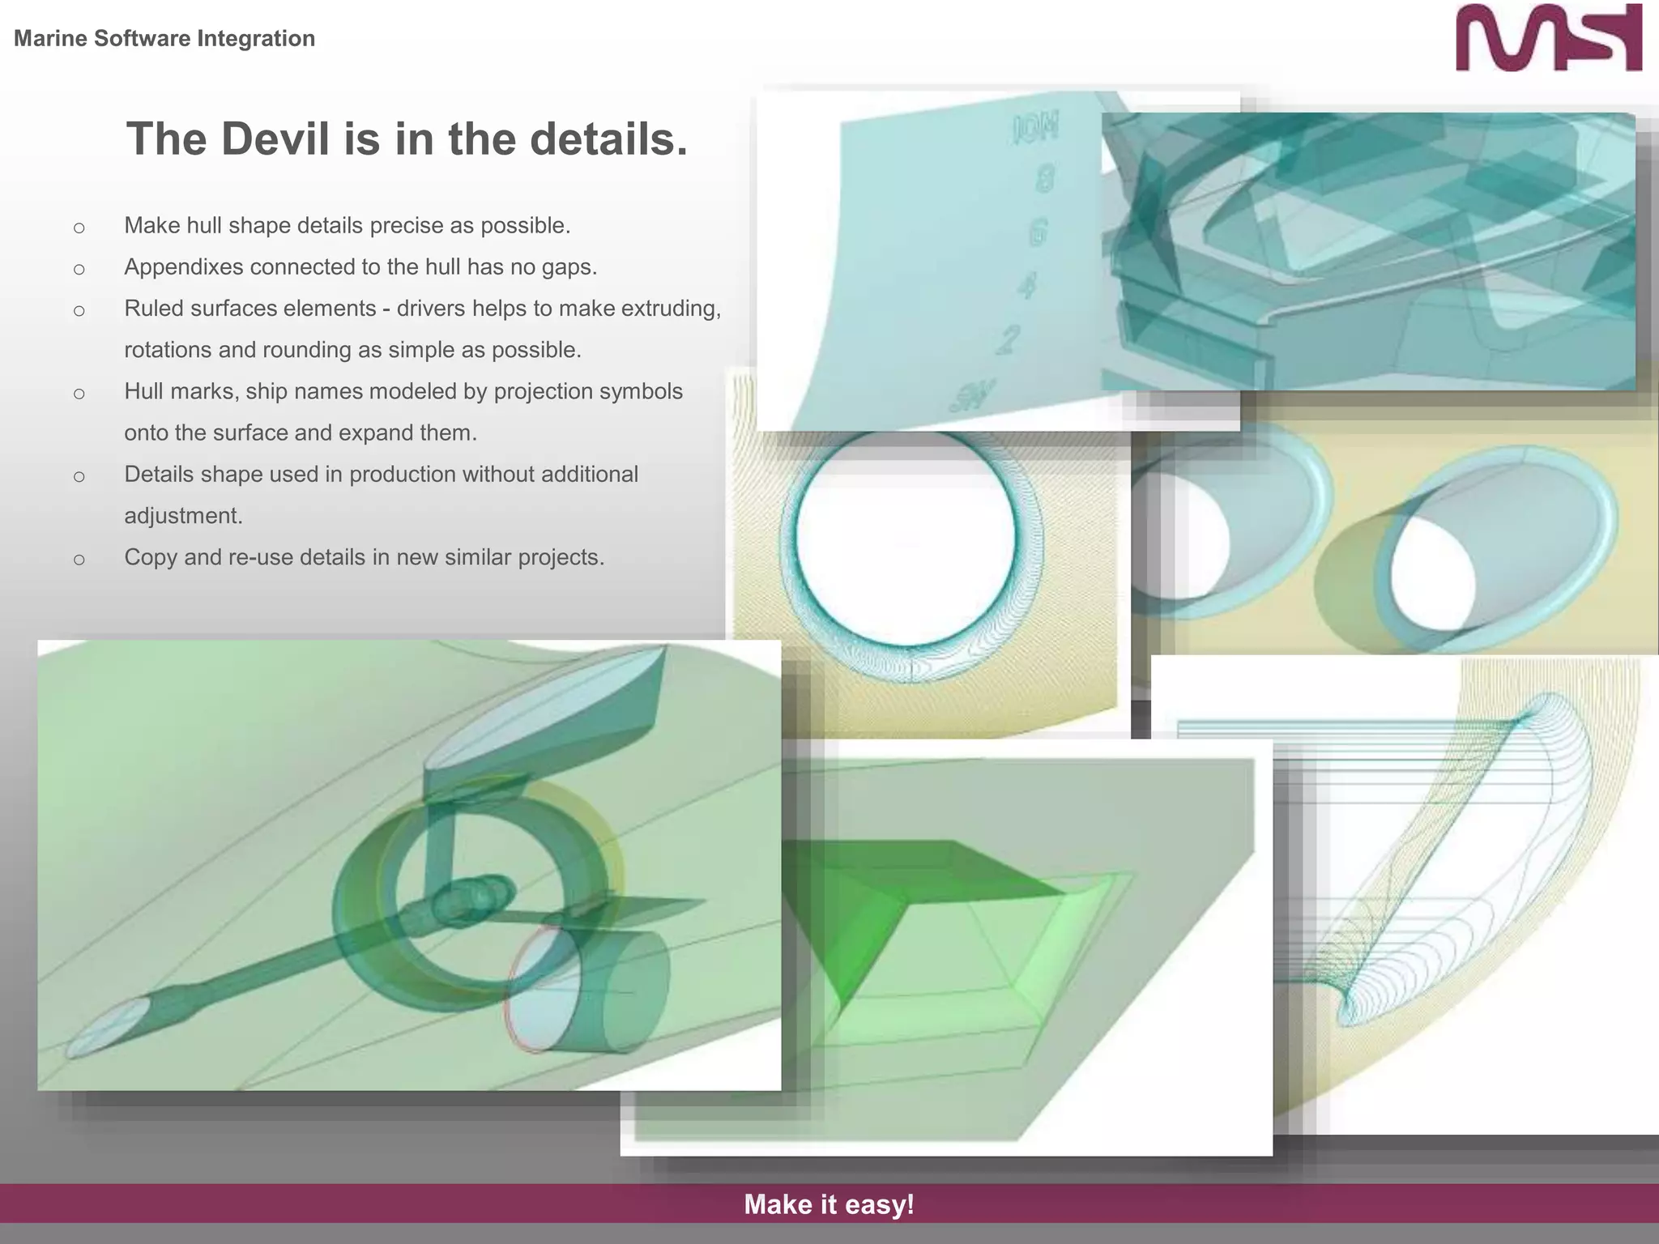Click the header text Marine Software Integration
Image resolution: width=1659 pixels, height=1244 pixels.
pyautogui.click(x=164, y=38)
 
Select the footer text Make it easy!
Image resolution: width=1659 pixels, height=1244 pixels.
pyautogui.click(x=829, y=1204)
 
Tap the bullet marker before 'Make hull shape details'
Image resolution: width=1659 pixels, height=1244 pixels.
pyautogui.click(x=79, y=228)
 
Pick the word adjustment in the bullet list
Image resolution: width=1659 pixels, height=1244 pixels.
pyautogui.click(x=183, y=516)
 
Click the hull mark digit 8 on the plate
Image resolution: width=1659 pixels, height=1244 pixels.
pyautogui.click(x=1044, y=179)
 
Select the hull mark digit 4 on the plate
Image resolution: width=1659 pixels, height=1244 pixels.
pyautogui.click(x=1026, y=285)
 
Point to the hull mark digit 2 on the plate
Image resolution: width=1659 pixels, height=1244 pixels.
pyautogui.click(x=1007, y=339)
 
